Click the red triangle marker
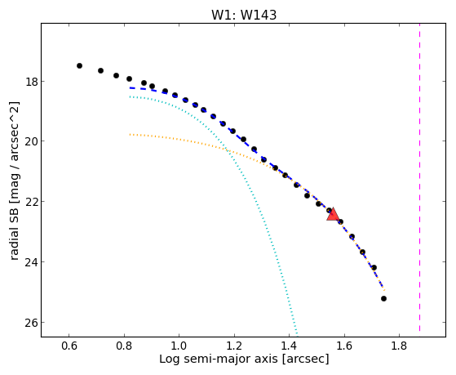click(x=333, y=214)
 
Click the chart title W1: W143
click(x=244, y=15)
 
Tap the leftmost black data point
click(x=79, y=65)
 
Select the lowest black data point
click(x=383, y=298)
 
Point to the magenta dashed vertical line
click(x=419, y=177)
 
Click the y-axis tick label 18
click(x=32, y=82)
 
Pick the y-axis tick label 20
click(x=32, y=141)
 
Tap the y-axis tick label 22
click(x=32, y=201)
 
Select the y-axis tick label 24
click(x=32, y=262)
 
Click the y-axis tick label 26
click(x=32, y=322)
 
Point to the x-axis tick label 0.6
click(x=69, y=346)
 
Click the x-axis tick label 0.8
click(x=124, y=346)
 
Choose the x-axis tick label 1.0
click(x=179, y=346)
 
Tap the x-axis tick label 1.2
click(x=234, y=346)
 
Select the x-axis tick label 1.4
click(x=289, y=346)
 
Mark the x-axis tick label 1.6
click(x=344, y=346)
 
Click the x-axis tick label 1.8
click(x=399, y=346)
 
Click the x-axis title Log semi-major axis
click(x=219, y=359)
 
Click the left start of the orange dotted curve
click(x=130, y=134)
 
